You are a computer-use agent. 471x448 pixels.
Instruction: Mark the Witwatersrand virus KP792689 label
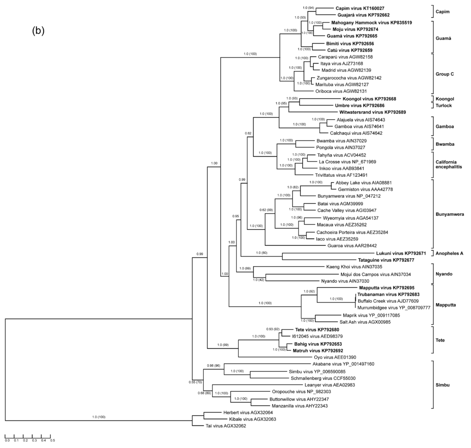click(x=373, y=112)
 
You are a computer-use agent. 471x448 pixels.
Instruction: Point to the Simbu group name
click(x=443, y=384)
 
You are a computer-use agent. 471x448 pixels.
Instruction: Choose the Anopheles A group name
click(x=449, y=253)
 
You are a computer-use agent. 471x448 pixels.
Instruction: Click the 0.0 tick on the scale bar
click(x=6, y=440)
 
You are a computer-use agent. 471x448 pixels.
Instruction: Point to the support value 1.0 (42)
click(x=260, y=279)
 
